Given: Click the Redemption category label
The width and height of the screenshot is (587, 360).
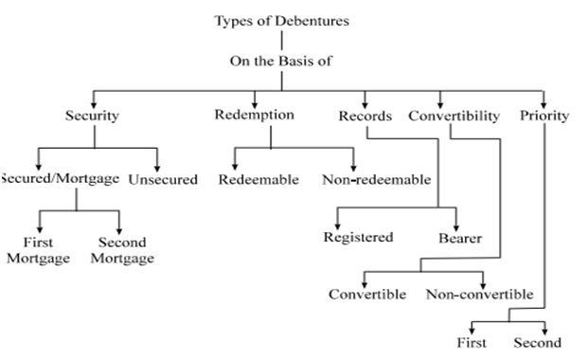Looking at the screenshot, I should tap(255, 116).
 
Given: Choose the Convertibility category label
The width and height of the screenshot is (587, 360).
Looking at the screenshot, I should tap(454, 117).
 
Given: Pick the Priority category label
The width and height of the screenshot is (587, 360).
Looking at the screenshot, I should tap(544, 117).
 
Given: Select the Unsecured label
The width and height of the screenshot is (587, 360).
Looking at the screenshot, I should tap(163, 179).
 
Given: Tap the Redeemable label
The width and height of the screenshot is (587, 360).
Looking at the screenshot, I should tap(258, 179).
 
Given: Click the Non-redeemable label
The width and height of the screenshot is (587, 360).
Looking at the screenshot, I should tap(376, 179).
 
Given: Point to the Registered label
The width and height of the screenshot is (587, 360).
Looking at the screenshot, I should tap(358, 237).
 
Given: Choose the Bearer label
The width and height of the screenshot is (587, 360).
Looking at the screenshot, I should tap(460, 239).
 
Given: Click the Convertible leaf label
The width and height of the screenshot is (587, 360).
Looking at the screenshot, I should tap(367, 294).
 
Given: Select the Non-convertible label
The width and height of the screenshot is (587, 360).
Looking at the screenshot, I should tap(480, 294).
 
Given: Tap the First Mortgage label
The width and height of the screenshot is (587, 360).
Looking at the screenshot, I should tap(39, 251).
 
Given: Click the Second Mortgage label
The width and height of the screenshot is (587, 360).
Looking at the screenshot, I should tap(122, 251).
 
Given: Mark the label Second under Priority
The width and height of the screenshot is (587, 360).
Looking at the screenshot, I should tap(537, 343).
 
